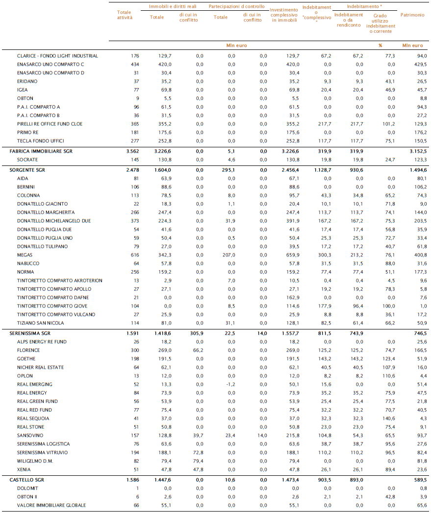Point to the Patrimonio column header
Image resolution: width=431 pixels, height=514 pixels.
click(412, 15)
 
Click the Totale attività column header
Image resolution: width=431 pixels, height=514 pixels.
click(125, 15)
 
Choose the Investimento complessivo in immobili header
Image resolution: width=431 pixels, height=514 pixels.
click(284, 15)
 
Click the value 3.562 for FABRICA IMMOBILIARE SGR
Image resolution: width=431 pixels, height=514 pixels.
click(132, 151)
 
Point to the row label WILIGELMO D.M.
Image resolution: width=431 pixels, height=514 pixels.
click(35, 461)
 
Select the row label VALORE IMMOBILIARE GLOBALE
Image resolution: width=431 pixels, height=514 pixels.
click(51, 505)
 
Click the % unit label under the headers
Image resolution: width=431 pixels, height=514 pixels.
click(380, 46)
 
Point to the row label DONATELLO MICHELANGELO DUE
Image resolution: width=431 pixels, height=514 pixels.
click(54, 221)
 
